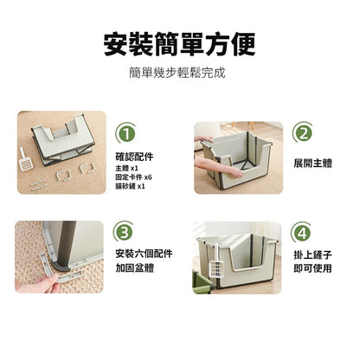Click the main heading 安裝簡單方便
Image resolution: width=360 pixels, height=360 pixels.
point(180,42)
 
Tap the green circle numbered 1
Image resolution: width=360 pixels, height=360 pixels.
point(127,133)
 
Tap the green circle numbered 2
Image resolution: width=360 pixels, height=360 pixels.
point(303,133)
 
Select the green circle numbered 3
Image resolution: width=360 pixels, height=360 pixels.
point(127,232)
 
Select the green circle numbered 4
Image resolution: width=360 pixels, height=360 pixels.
point(303,232)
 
